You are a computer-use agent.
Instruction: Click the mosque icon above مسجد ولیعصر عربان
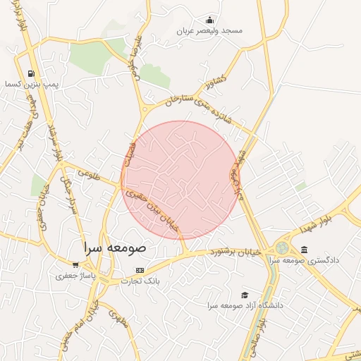tap(209, 20)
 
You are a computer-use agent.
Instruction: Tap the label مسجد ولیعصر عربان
tap(209, 32)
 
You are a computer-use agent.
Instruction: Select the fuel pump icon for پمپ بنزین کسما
tap(30, 73)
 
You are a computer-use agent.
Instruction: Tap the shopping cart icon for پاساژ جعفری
tap(75, 265)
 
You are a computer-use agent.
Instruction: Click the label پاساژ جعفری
tap(75, 276)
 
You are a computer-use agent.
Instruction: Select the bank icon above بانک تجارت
tap(140, 270)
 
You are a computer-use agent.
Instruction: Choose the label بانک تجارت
tap(140, 281)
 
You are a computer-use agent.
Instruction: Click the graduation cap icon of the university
tap(245, 295)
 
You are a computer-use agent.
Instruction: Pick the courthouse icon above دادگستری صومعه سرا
tap(304, 250)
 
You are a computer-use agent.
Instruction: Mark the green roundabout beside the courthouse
tap(282, 248)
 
